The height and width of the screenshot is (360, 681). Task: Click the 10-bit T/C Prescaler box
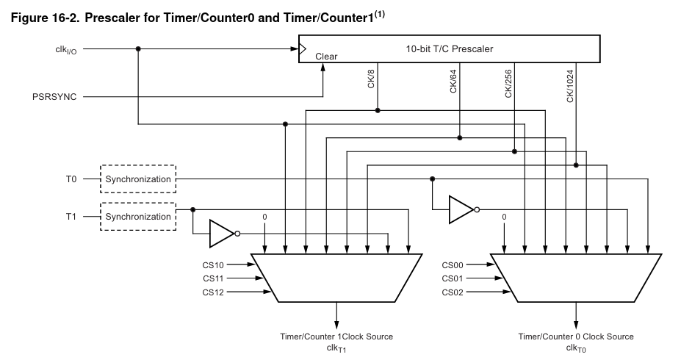(x=449, y=49)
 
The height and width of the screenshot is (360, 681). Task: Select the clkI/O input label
(x=61, y=50)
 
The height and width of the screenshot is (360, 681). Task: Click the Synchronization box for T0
(x=138, y=179)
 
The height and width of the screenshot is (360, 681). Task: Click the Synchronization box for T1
(x=138, y=217)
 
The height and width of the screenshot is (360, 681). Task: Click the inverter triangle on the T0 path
(x=461, y=209)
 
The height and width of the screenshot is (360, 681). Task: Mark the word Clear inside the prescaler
(x=326, y=56)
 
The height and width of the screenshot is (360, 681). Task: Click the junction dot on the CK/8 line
(x=378, y=110)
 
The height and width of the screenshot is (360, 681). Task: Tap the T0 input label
(x=71, y=179)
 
